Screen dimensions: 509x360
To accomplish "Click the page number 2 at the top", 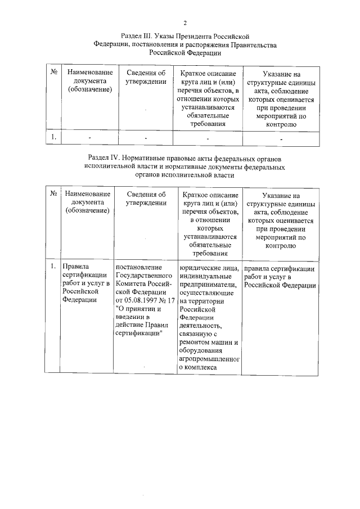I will pyautogui.click(x=184, y=22).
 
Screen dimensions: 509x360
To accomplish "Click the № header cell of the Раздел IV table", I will pyautogui.click(x=53, y=193).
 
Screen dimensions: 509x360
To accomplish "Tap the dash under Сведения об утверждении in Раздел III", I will pyautogui.click(x=145, y=137).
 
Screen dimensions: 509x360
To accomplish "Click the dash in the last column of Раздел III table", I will pyautogui.click(x=281, y=138).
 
